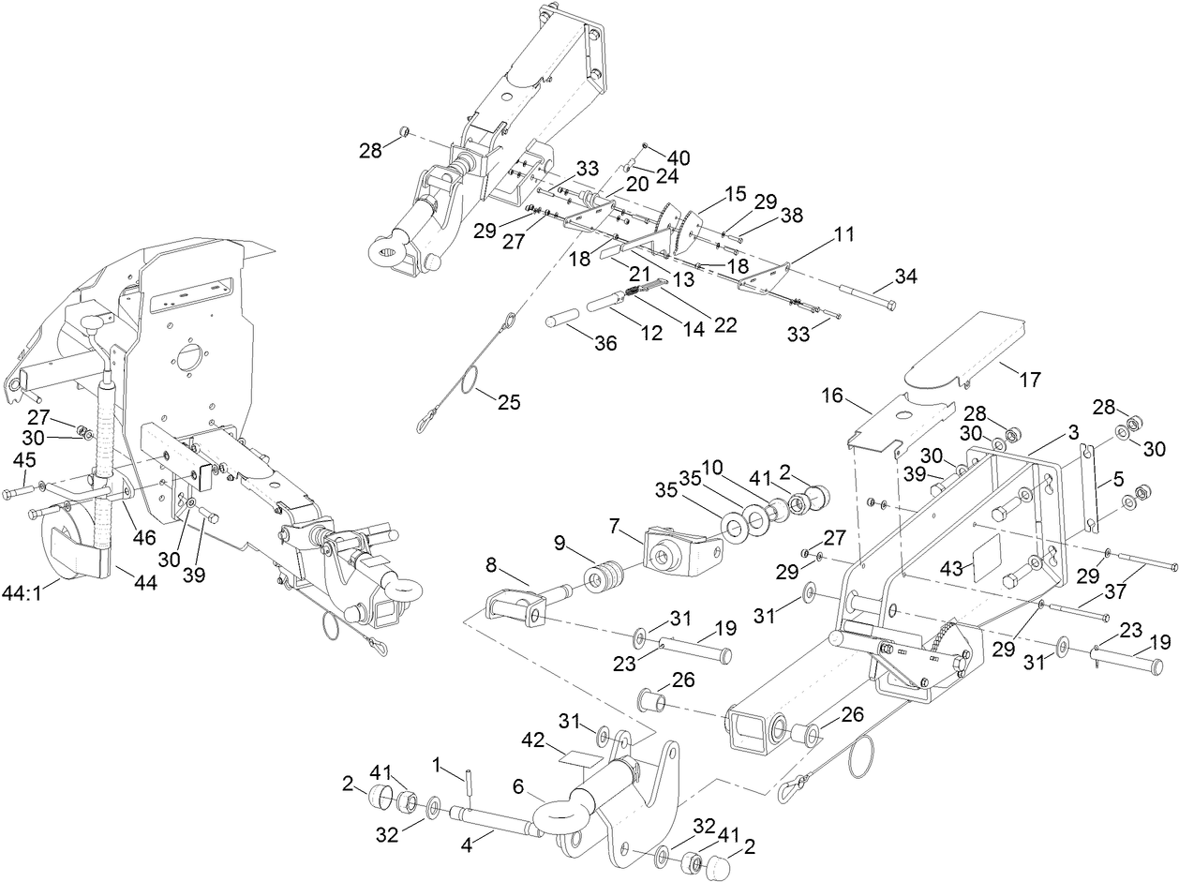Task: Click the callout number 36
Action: (606, 343)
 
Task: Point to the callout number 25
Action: (509, 402)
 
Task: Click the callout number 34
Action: (906, 277)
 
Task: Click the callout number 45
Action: (25, 459)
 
